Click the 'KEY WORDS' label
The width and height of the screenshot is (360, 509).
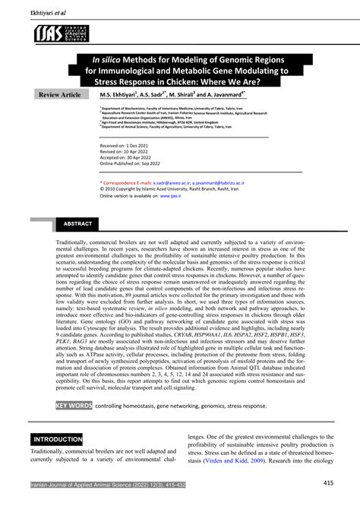[x=73, y=406]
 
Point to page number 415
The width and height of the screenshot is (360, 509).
[x=328, y=483]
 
